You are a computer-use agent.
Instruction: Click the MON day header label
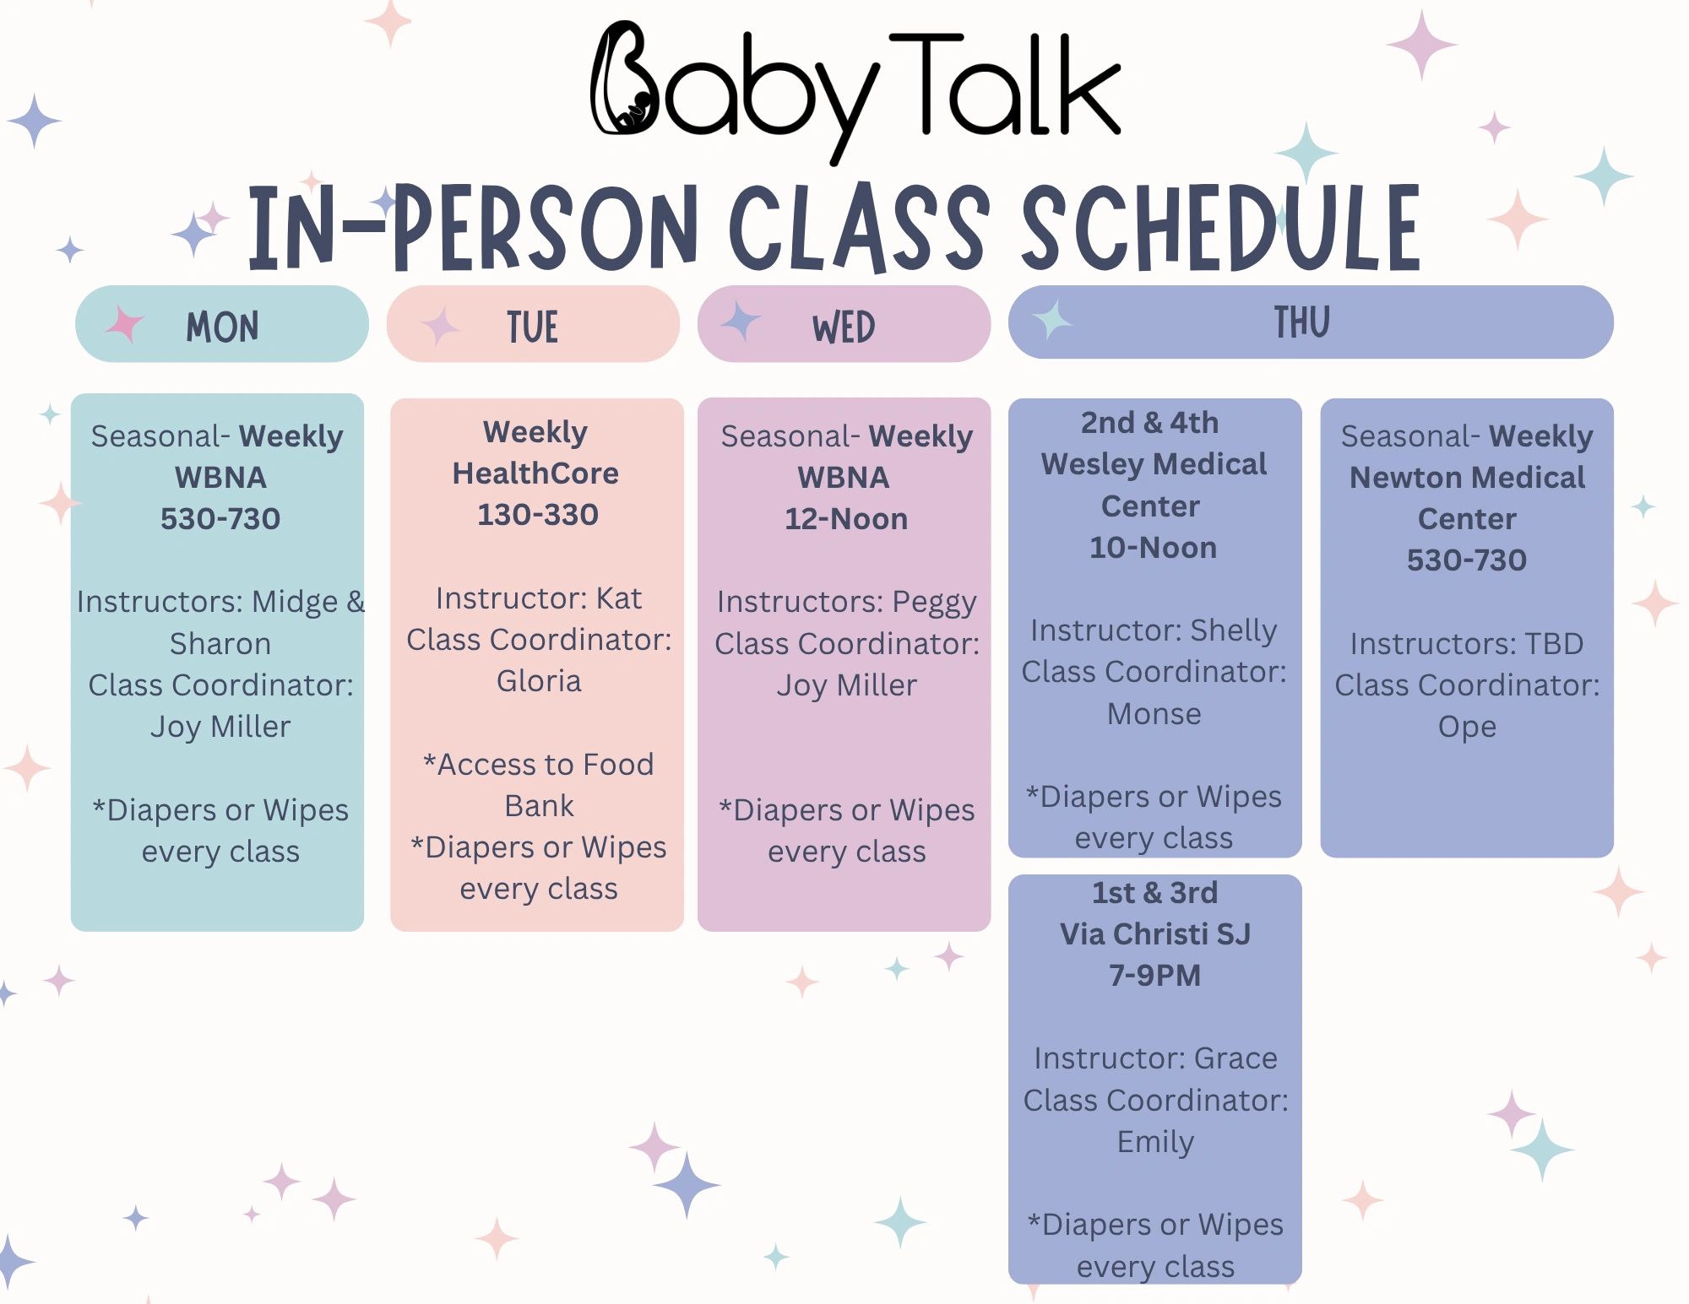pyautogui.click(x=222, y=327)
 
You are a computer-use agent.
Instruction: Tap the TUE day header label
pyautogui.click(x=533, y=327)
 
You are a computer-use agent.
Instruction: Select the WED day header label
pyautogui.click(x=844, y=327)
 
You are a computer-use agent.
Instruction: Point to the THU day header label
pyautogui.click(x=1302, y=322)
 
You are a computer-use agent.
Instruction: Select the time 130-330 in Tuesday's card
pyautogui.click(x=538, y=514)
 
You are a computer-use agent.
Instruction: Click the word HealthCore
pyautogui.click(x=535, y=473)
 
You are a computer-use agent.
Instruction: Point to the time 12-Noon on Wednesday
pyautogui.click(x=846, y=518)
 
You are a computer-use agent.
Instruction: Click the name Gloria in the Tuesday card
pyautogui.click(x=539, y=680)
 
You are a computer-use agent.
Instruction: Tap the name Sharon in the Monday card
pyautogui.click(x=220, y=643)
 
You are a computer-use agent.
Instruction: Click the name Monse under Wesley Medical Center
pyautogui.click(x=1154, y=714)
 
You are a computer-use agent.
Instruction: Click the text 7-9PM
pyautogui.click(x=1154, y=975)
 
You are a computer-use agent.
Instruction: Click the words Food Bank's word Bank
pyautogui.click(x=539, y=805)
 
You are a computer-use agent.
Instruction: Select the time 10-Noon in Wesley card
pyautogui.click(x=1153, y=547)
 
